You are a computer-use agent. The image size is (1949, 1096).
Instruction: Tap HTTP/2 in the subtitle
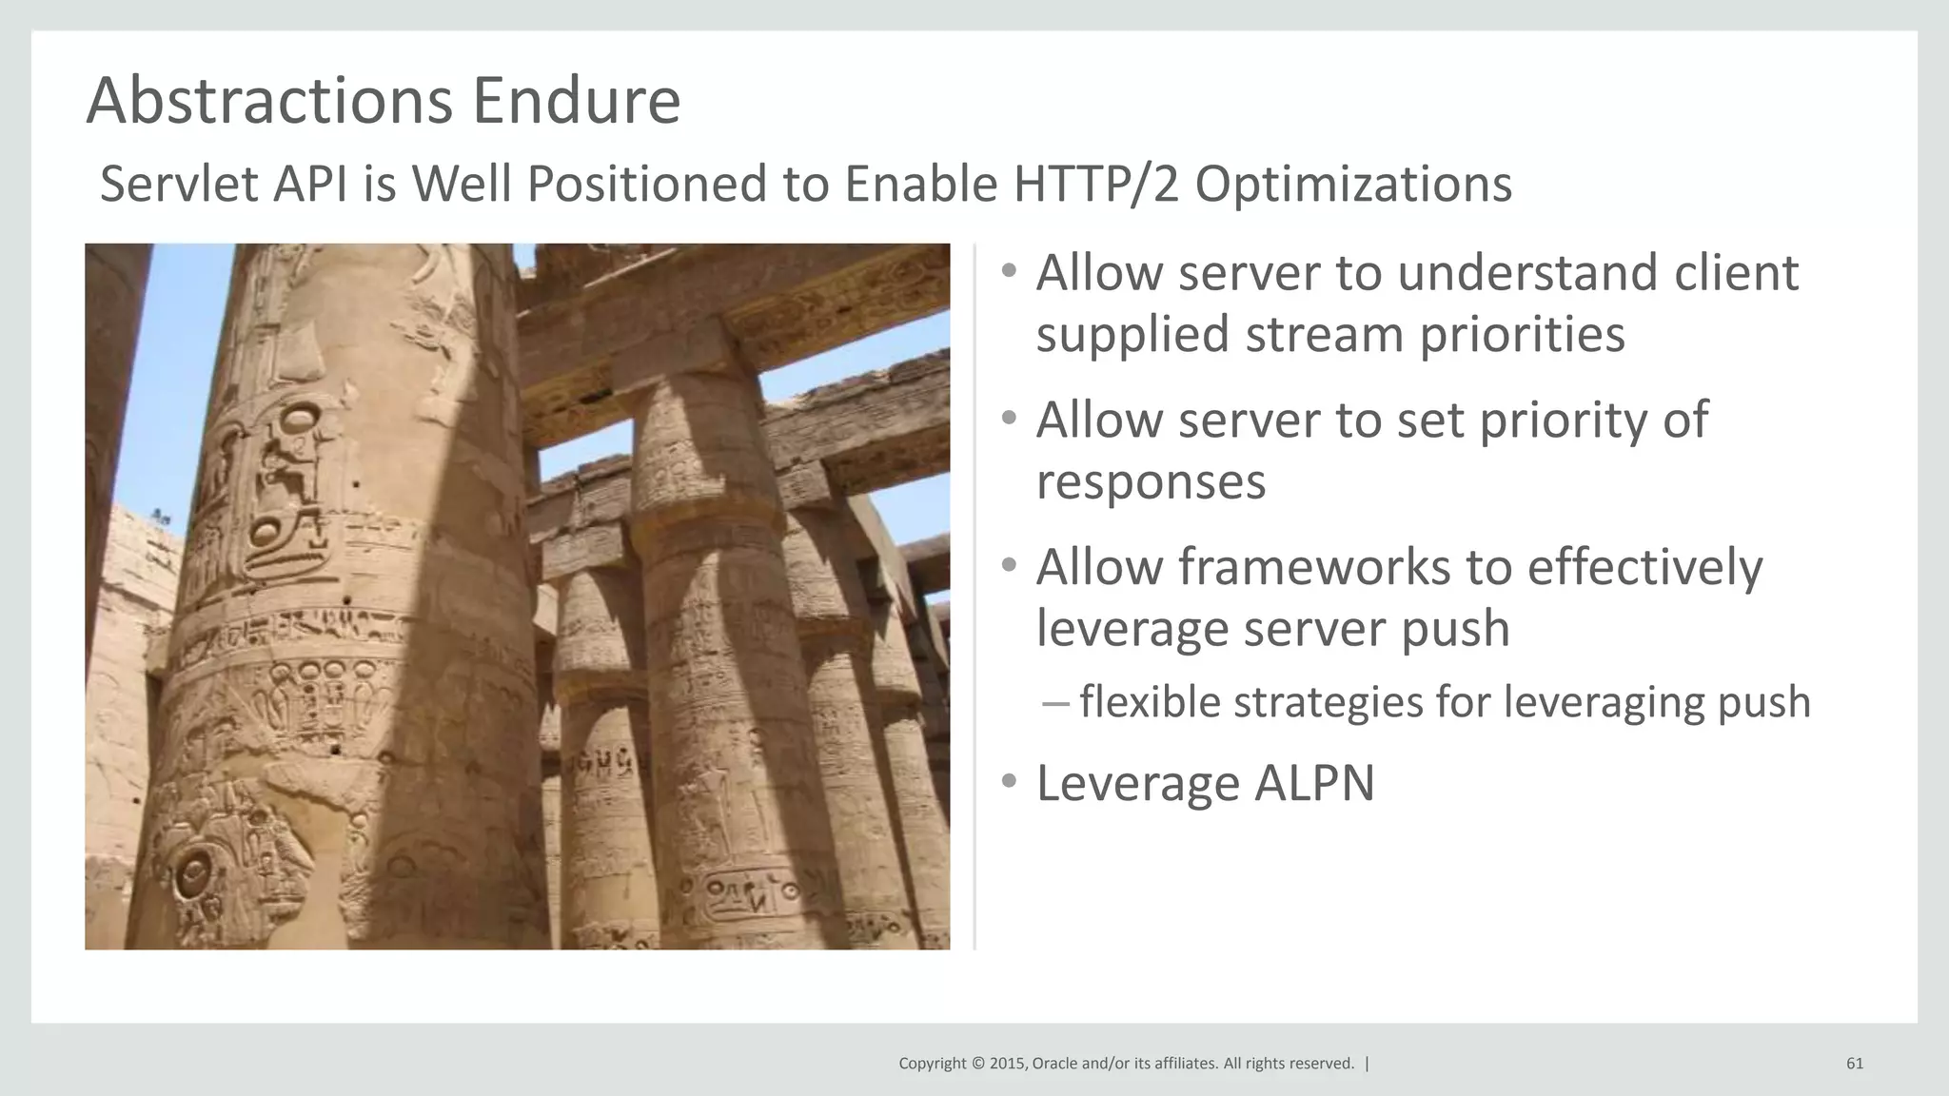(x=1095, y=184)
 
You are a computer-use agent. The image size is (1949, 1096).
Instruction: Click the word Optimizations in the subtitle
(x=1352, y=184)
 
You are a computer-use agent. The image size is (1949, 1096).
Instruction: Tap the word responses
(x=1151, y=481)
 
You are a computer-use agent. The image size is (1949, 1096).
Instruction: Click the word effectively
(x=1644, y=567)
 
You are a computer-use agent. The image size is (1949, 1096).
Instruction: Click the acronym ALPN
(x=1314, y=784)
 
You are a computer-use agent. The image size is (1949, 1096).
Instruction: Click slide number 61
(x=1854, y=1064)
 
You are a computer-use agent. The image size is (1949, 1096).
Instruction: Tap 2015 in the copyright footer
(x=1007, y=1064)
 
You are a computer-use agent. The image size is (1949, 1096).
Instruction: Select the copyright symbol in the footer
(x=976, y=1064)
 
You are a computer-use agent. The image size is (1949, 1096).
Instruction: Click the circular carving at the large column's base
(x=193, y=872)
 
